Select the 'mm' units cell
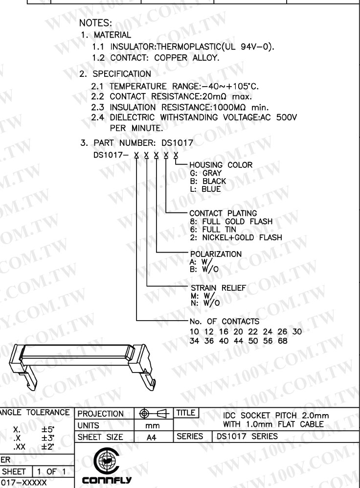(153, 425)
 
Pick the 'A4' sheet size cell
(153, 436)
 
